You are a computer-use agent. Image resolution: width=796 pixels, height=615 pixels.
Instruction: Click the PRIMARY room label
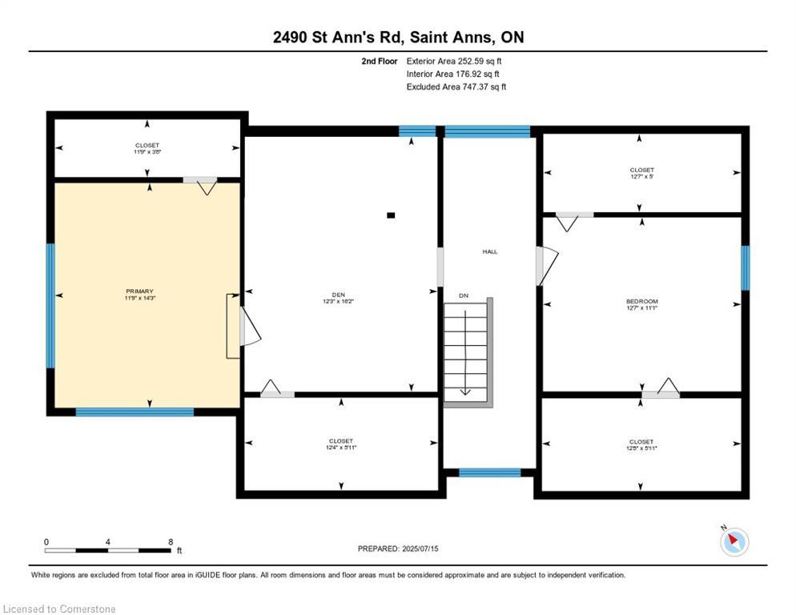point(139,291)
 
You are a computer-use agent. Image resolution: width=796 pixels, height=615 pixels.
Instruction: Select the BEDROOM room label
point(641,302)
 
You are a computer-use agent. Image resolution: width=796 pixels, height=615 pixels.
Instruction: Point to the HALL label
point(489,251)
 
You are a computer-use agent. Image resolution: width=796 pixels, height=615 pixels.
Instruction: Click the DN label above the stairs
point(463,296)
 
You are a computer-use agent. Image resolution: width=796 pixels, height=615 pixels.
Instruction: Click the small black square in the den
point(391,215)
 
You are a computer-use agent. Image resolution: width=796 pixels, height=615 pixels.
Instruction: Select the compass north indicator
point(734,542)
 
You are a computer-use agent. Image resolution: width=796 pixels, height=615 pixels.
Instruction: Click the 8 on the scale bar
point(171,541)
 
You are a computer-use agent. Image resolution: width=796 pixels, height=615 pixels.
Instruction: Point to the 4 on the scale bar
point(108,541)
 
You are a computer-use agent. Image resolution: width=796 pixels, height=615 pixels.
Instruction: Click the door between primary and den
point(248,327)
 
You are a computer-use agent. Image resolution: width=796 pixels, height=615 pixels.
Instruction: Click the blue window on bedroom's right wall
point(745,267)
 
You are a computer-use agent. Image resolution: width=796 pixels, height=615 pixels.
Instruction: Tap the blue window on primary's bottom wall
point(135,412)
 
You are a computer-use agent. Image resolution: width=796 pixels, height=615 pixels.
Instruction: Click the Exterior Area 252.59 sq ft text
point(454,61)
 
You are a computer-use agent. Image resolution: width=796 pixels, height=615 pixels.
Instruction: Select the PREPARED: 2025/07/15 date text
point(398,549)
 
